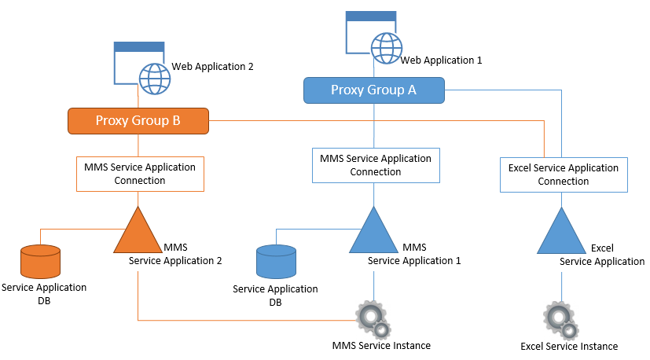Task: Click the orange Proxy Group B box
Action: (x=138, y=120)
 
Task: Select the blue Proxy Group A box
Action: (x=373, y=90)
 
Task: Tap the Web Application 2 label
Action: (x=212, y=68)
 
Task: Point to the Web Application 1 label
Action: (x=441, y=60)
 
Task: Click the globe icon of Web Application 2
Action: (x=155, y=79)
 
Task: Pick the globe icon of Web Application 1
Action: (x=387, y=48)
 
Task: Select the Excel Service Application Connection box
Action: (x=564, y=174)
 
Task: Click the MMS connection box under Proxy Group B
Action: (x=140, y=174)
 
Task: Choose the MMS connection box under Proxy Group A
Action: (x=376, y=165)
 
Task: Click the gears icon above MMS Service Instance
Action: (x=373, y=318)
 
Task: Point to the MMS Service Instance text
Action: (x=381, y=345)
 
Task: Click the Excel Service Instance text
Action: (x=569, y=346)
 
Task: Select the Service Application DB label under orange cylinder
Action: (x=44, y=294)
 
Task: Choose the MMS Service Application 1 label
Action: (x=414, y=254)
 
